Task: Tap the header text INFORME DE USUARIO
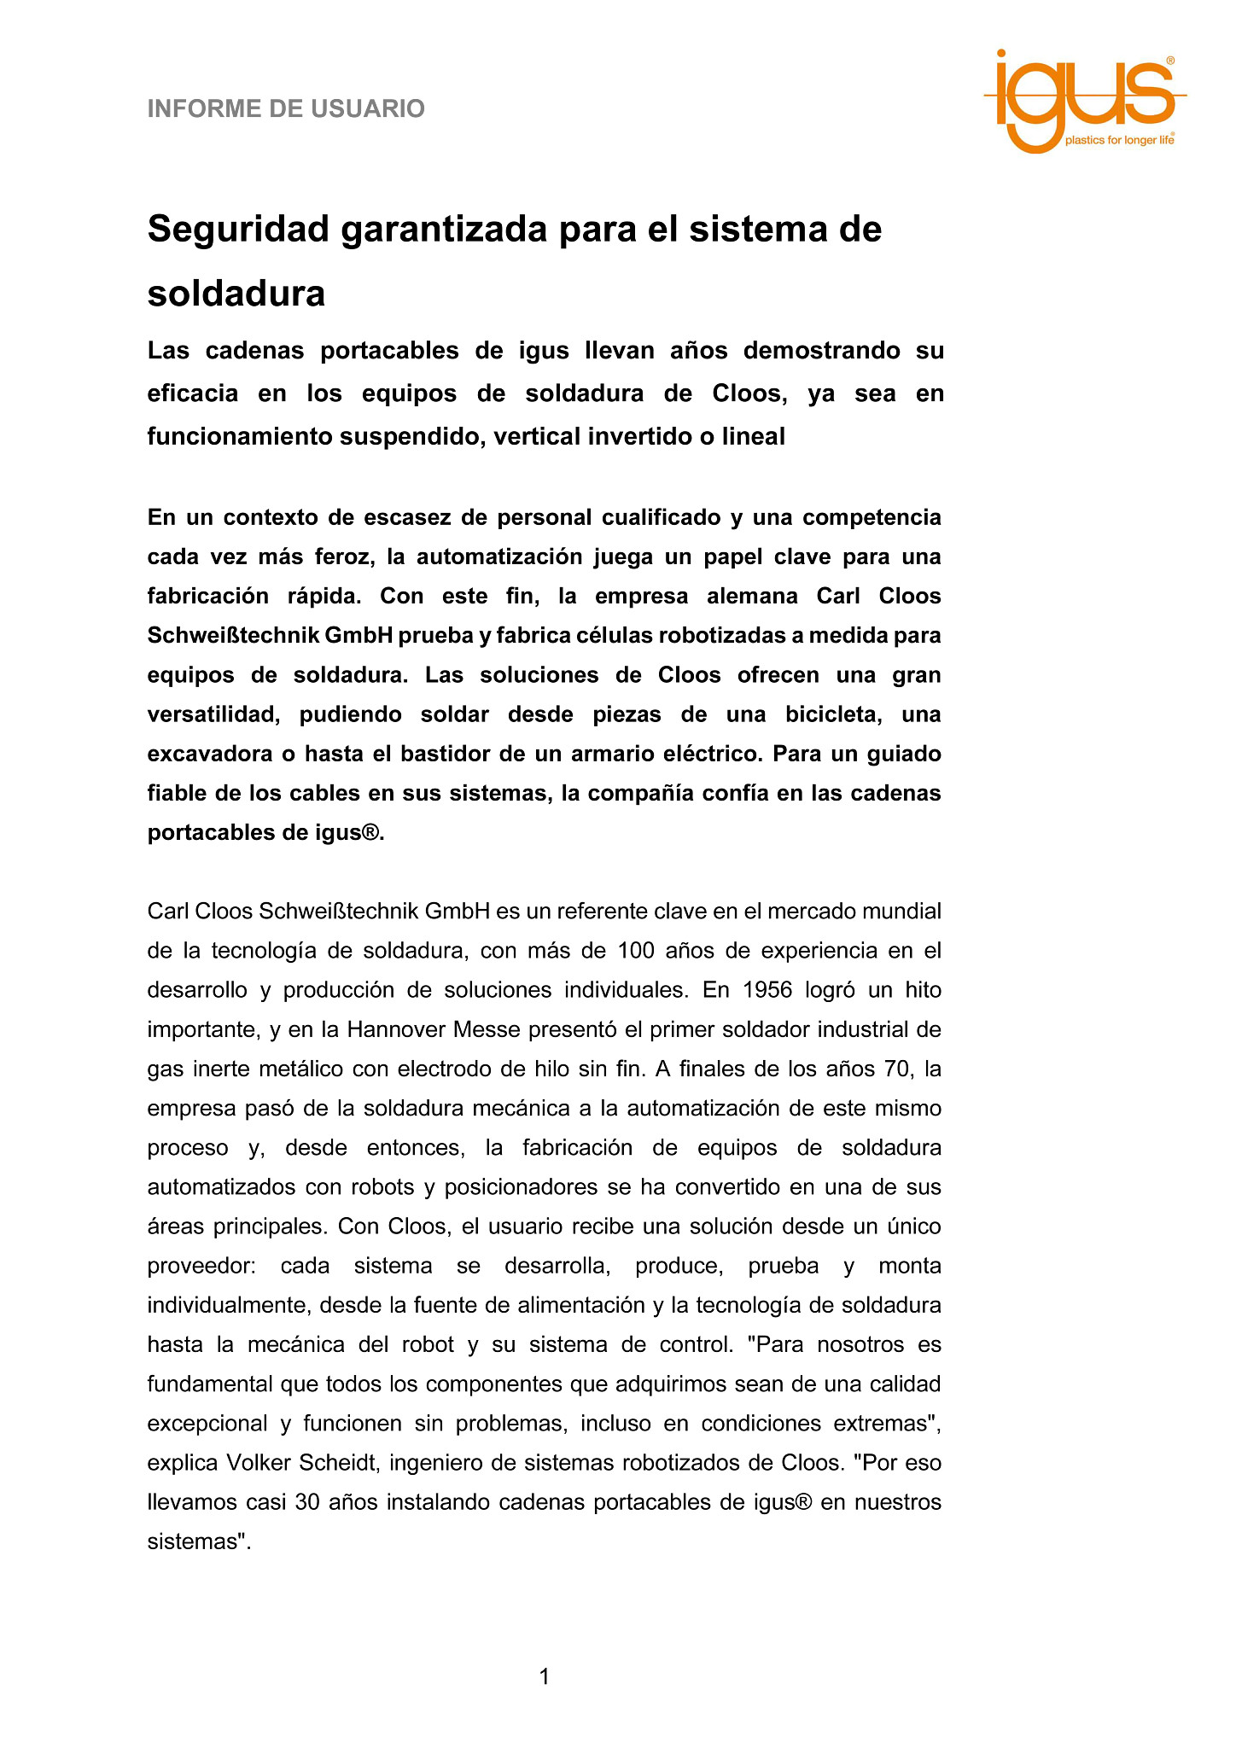tap(286, 109)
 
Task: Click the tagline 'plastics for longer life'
tap(1119, 140)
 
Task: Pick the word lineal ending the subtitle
tap(753, 437)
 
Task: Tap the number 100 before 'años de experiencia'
tap(635, 951)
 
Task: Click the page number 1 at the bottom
tap(545, 1677)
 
